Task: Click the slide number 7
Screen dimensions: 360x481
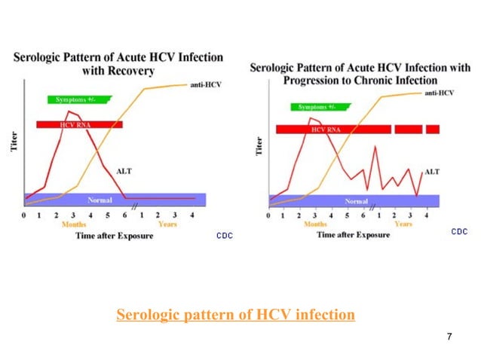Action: click(x=449, y=336)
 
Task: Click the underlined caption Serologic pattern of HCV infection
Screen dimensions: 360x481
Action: click(x=235, y=314)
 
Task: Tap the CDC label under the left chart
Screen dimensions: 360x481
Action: click(x=225, y=236)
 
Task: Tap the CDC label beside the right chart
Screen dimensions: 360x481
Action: click(x=459, y=232)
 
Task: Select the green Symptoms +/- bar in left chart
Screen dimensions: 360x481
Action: click(x=78, y=99)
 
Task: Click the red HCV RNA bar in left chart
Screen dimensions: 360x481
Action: click(x=79, y=124)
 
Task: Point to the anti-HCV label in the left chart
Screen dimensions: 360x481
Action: click(x=198, y=84)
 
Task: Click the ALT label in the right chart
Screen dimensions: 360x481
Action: click(x=432, y=172)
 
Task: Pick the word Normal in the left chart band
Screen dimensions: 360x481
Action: click(x=100, y=200)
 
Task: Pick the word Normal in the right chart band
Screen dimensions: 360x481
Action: click(x=357, y=201)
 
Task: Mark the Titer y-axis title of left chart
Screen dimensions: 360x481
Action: click(x=14, y=141)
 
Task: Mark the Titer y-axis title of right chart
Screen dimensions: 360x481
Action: click(x=259, y=145)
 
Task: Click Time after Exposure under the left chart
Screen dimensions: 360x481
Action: click(x=114, y=236)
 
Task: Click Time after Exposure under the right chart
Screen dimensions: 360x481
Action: click(x=354, y=235)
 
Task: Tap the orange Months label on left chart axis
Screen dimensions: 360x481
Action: click(x=74, y=224)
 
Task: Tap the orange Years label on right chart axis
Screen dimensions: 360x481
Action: click(x=403, y=224)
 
